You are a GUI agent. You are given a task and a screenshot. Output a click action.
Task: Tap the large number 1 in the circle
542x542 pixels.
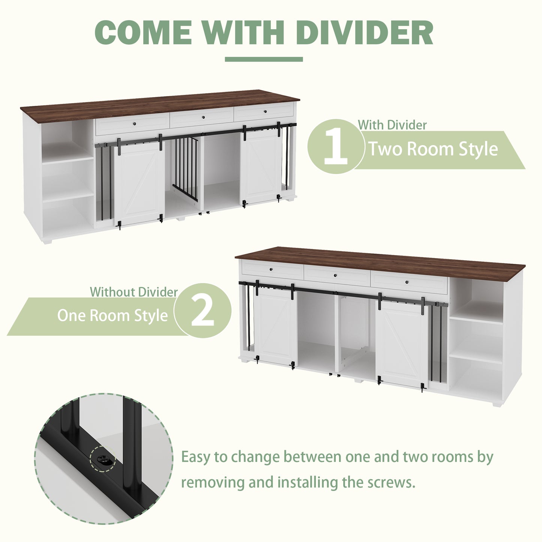(x=336, y=147)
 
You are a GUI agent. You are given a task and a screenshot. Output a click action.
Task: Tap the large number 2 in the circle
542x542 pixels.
(x=203, y=310)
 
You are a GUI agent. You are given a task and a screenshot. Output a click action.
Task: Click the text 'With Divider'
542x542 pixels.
(x=392, y=125)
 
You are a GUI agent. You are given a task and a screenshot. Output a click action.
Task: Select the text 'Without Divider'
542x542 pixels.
(x=134, y=292)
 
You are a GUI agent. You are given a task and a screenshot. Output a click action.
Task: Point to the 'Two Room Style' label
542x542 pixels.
(x=433, y=149)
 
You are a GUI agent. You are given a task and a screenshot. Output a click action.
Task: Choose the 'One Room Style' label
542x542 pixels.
(x=113, y=315)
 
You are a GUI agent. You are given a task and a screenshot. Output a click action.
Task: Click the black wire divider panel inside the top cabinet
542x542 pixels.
(x=185, y=168)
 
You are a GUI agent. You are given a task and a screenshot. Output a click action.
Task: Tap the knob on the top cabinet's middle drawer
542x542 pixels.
(x=201, y=117)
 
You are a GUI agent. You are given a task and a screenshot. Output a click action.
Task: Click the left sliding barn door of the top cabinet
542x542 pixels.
(x=139, y=182)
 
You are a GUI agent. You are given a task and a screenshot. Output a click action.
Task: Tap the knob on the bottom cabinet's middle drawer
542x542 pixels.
(x=335, y=275)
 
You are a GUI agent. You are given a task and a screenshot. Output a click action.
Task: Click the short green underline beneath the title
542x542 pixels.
(x=264, y=59)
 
